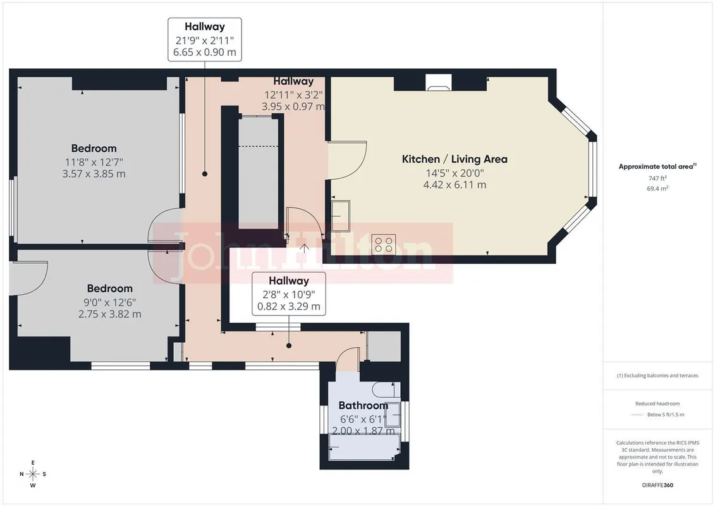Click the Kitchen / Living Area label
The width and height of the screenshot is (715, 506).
click(455, 159)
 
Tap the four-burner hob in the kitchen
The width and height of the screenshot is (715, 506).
click(384, 244)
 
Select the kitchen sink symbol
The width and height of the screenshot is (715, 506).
click(341, 216)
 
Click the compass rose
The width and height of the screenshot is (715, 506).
click(33, 474)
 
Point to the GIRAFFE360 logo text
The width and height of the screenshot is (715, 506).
click(657, 485)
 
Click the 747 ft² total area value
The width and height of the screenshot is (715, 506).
click(657, 178)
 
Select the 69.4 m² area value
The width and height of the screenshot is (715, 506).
click(657, 188)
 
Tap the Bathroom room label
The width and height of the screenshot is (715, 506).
click(364, 405)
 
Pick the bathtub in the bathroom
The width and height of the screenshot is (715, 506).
click(364, 447)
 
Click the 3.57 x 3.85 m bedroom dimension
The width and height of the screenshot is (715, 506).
click(94, 174)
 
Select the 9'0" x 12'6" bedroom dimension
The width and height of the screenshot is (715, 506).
click(110, 302)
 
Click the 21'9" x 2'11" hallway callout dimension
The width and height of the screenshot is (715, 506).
click(205, 40)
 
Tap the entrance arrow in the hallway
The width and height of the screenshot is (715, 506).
click(304, 249)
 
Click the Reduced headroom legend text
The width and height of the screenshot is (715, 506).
click(657, 404)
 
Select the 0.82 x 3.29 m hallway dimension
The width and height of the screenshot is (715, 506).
click(289, 307)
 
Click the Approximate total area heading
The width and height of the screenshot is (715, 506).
click(657, 166)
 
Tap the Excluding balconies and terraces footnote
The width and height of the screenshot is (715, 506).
click(657, 376)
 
